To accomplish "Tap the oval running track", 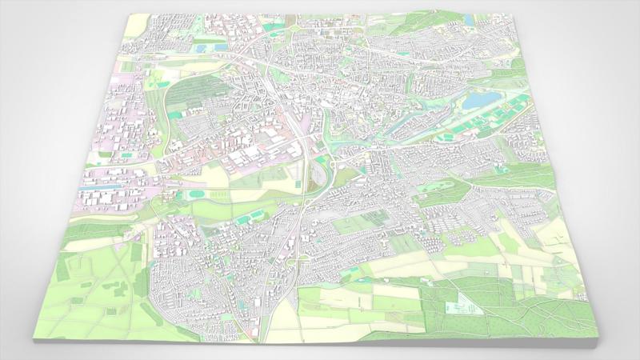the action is point(198,194).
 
